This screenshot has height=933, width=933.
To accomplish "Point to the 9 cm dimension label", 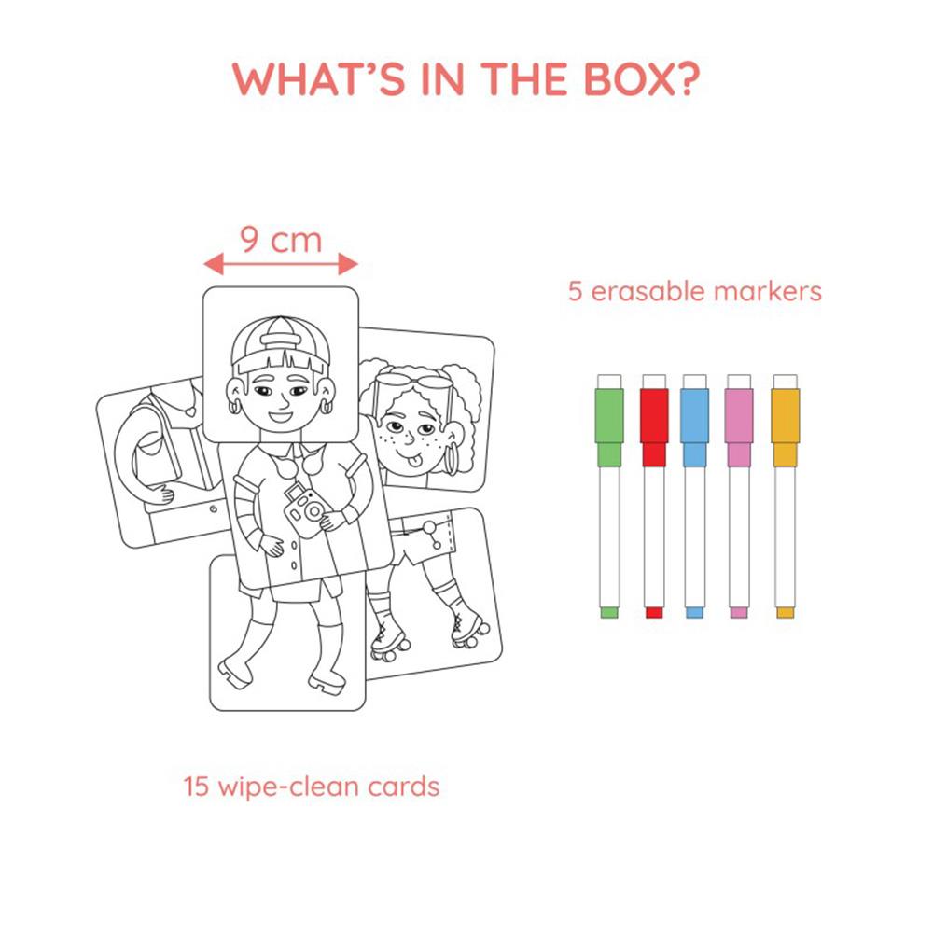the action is tap(281, 240).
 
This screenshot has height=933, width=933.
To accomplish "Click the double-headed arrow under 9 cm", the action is tap(281, 263).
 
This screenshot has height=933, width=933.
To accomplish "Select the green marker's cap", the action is tap(608, 421).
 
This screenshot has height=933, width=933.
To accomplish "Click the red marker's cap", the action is tap(654, 421).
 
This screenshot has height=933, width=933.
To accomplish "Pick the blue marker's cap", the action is tap(694, 421).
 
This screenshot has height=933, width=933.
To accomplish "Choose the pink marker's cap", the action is tap(739, 421).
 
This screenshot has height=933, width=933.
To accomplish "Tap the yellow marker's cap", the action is tap(785, 421).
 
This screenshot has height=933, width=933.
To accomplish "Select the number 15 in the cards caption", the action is tap(196, 786).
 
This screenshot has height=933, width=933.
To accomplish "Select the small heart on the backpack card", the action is tap(189, 411).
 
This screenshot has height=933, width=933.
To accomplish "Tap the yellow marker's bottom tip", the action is tap(785, 612).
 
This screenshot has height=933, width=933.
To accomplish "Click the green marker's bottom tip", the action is tap(608, 612).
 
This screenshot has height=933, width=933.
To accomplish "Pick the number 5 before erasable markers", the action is tap(575, 291).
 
